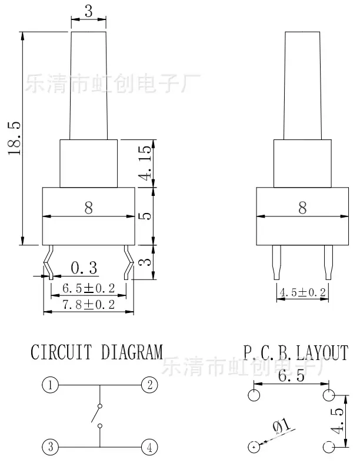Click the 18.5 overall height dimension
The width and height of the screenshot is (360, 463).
click(x=14, y=138)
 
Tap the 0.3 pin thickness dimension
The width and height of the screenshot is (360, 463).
click(x=84, y=268)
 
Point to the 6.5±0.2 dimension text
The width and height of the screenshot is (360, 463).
click(x=89, y=288)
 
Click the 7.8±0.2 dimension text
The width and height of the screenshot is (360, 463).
click(x=89, y=305)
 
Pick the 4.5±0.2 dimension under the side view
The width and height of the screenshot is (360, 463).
click(x=302, y=292)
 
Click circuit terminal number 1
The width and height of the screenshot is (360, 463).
click(x=50, y=385)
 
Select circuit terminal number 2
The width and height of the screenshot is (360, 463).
click(x=149, y=385)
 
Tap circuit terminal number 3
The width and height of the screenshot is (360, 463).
click(x=50, y=447)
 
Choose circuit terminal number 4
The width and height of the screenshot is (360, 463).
click(x=149, y=447)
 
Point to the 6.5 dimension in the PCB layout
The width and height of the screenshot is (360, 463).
click(x=291, y=375)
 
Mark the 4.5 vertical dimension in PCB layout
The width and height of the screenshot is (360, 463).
click(x=338, y=421)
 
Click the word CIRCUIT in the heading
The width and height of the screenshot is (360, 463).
click(x=61, y=352)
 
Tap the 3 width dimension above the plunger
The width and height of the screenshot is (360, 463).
click(x=88, y=11)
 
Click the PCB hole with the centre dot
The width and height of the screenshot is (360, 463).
click(x=254, y=447)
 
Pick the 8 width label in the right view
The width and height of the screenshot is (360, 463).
click(x=302, y=208)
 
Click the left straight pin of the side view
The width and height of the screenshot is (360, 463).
click(x=276, y=262)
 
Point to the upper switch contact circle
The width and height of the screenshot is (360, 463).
click(x=100, y=406)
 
